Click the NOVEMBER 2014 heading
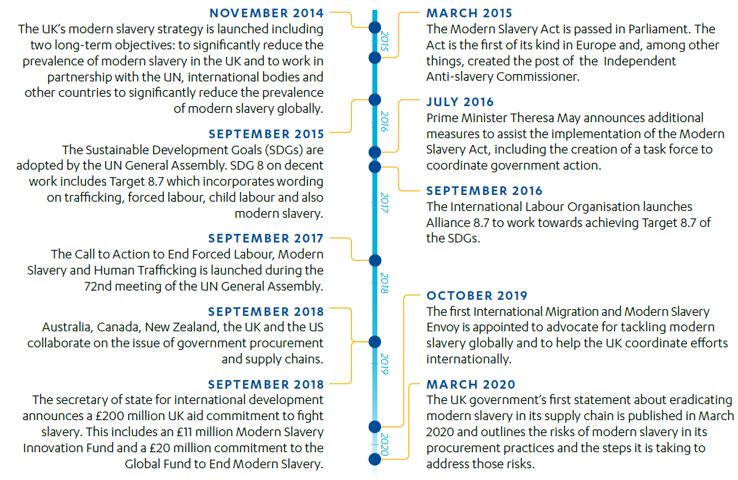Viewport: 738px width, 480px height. pos(267,13)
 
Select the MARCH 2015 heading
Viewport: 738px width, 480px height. pos(469,13)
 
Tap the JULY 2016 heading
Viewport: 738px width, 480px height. pos(460,102)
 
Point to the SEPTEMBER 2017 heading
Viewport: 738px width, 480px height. pos(266,238)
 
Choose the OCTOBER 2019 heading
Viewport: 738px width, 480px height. pos(477,296)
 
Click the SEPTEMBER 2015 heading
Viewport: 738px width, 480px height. pos(266,134)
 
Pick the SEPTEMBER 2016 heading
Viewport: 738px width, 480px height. pos(484,191)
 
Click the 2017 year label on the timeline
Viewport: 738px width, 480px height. pos(384,203)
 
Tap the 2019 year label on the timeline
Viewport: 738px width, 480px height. pos(384,364)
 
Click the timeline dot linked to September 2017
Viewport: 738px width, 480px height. pos(374,260)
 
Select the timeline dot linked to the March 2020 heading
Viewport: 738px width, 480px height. pos(374,458)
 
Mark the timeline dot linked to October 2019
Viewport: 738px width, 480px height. pos(374,426)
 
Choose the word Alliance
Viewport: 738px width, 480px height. pos(447,223)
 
